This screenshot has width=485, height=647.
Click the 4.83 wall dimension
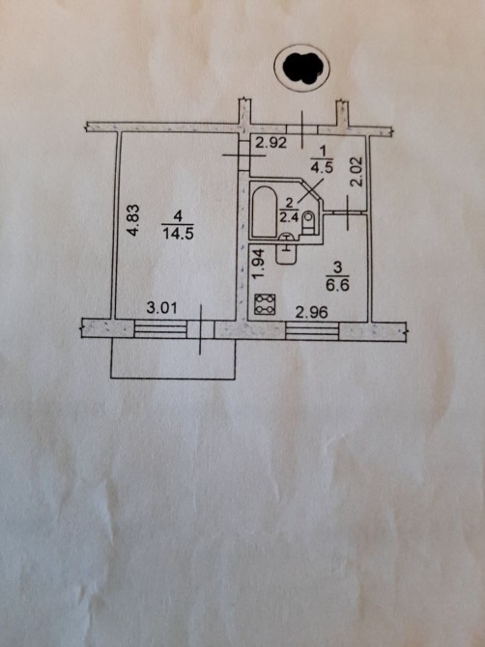click(133, 220)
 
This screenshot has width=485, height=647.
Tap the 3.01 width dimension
click(162, 308)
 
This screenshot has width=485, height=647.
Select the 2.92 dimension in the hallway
click(271, 143)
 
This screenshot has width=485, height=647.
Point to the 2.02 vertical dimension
click(357, 171)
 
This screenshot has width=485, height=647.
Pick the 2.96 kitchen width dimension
click(312, 312)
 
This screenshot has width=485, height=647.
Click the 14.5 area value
click(178, 234)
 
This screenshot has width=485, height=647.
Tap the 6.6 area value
click(337, 285)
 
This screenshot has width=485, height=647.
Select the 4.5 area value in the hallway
click(324, 168)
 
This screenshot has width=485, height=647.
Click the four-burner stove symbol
click(265, 304)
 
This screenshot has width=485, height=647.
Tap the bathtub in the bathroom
click(264, 212)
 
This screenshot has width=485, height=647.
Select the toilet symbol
click(308, 222)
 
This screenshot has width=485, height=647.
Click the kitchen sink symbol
click(286, 253)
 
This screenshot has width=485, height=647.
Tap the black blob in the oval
click(303, 68)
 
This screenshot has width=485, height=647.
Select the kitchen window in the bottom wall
click(312, 331)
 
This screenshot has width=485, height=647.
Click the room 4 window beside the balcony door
click(161, 329)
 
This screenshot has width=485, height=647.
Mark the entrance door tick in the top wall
click(302, 129)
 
